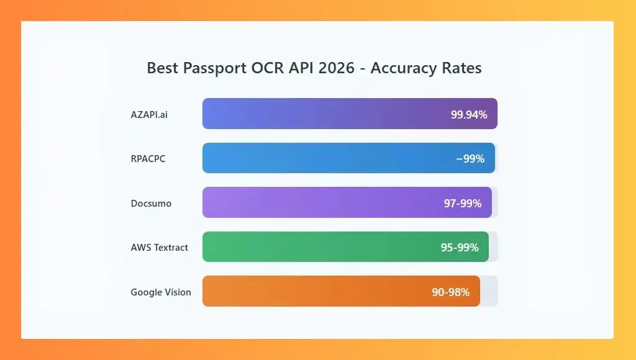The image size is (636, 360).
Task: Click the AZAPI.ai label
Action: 149,114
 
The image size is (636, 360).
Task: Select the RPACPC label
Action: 148,159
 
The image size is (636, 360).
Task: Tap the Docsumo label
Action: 151,203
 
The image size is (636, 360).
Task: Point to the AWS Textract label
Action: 159,248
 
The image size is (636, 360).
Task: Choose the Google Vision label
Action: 161,292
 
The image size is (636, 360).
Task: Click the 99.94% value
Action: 469,114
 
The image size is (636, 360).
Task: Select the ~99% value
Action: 470,159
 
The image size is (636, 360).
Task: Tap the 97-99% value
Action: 463,203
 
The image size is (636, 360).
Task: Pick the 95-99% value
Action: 460,248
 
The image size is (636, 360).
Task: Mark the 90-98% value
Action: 451,292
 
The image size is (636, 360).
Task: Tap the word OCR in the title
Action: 267,68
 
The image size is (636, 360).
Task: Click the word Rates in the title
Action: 461,68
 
